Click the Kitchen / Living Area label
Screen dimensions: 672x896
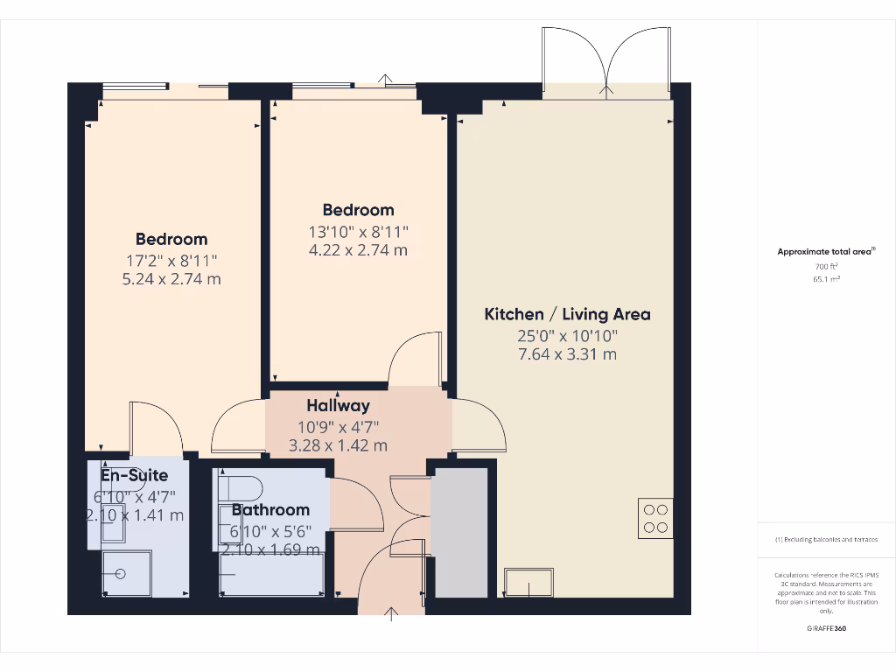567,314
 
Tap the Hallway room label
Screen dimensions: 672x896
338,406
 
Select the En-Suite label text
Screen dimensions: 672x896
134,476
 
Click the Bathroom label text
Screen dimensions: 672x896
270,510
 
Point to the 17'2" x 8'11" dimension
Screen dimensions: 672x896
171,260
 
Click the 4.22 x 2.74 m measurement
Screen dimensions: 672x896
359,250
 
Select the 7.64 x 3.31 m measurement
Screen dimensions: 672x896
567,354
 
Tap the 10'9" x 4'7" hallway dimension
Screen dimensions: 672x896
338,426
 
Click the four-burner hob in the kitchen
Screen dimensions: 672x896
655,517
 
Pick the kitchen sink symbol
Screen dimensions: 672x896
529,582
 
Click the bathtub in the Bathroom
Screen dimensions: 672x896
272,574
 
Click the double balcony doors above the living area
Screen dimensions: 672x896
606,59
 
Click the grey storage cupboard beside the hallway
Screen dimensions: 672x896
460,533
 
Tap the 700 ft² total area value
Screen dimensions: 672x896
827,265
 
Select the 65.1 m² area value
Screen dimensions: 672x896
827,279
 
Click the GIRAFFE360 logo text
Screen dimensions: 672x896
827,628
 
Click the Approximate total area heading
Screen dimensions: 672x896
826,252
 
